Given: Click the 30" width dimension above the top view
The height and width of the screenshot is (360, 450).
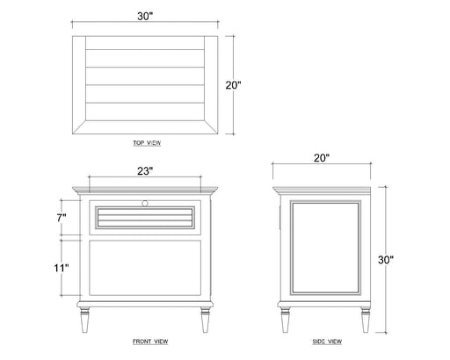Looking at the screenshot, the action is pyautogui.click(x=145, y=17).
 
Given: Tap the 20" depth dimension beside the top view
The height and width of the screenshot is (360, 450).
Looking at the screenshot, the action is pyautogui.click(x=233, y=85).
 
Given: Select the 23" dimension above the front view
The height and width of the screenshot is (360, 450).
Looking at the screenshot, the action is pyautogui.click(x=145, y=171).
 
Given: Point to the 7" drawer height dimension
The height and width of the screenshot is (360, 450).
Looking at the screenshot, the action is pyautogui.click(x=62, y=218).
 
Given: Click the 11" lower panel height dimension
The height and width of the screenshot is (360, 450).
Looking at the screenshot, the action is pyautogui.click(x=62, y=268).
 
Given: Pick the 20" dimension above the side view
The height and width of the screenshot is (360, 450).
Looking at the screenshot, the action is pyautogui.click(x=322, y=158).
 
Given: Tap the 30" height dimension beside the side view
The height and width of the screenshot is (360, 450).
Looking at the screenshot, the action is pyautogui.click(x=386, y=260).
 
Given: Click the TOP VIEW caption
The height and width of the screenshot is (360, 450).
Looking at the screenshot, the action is pyautogui.click(x=147, y=143).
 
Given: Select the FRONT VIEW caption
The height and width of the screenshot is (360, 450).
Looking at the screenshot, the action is pyautogui.click(x=150, y=342).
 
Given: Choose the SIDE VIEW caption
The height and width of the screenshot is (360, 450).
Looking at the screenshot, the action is pyautogui.click(x=327, y=342).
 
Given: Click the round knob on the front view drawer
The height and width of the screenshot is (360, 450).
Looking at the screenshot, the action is pyautogui.click(x=145, y=203).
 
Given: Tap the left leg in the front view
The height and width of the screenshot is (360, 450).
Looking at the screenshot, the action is pyautogui.click(x=84, y=320).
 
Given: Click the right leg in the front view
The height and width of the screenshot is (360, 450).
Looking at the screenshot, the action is pyautogui.click(x=206, y=320).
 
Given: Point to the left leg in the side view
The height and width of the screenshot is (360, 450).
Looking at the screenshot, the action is pyautogui.click(x=286, y=320).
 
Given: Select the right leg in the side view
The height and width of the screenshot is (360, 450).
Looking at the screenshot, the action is pyautogui.click(x=365, y=320).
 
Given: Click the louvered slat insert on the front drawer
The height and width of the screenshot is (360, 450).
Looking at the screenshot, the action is pyautogui.click(x=145, y=218).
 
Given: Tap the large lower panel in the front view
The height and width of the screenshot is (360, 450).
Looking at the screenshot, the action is pyautogui.click(x=145, y=268).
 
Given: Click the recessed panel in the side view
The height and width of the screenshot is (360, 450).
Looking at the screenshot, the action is pyautogui.click(x=325, y=248).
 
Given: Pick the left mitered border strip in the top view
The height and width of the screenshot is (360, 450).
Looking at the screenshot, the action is pyautogui.click(x=79, y=85).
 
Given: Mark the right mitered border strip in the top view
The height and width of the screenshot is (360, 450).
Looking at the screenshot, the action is pyautogui.click(x=211, y=85).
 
